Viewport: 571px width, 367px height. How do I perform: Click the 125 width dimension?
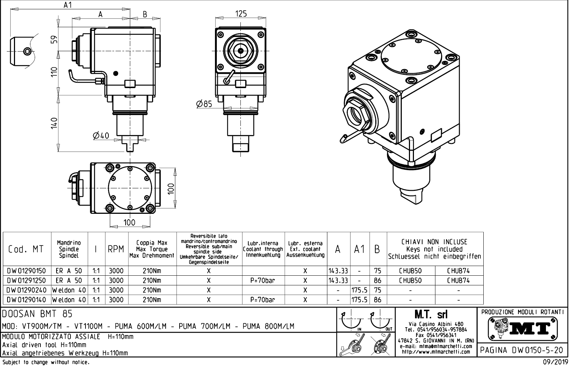[x=241, y=14]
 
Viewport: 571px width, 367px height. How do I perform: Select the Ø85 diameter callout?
[x=204, y=104]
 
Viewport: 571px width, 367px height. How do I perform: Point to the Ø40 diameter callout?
[x=101, y=136]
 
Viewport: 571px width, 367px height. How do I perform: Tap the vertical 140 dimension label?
[x=54, y=123]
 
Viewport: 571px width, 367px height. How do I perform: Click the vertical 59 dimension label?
[x=54, y=39]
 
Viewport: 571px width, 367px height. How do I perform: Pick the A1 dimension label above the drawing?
[x=68, y=5]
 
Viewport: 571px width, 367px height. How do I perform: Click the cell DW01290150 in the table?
[x=26, y=271]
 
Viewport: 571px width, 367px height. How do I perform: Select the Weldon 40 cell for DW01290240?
[x=69, y=290]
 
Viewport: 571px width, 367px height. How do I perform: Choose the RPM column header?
[x=116, y=249]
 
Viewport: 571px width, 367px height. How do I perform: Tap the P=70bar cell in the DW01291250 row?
[x=263, y=281]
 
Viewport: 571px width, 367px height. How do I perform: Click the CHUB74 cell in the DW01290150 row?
[x=458, y=271]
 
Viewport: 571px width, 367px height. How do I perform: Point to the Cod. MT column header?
[x=26, y=249]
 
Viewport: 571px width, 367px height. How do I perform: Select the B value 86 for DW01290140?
[x=377, y=300]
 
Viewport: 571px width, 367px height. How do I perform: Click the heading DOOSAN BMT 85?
[x=38, y=314]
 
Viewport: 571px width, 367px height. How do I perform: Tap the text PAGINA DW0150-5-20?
[x=522, y=350]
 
